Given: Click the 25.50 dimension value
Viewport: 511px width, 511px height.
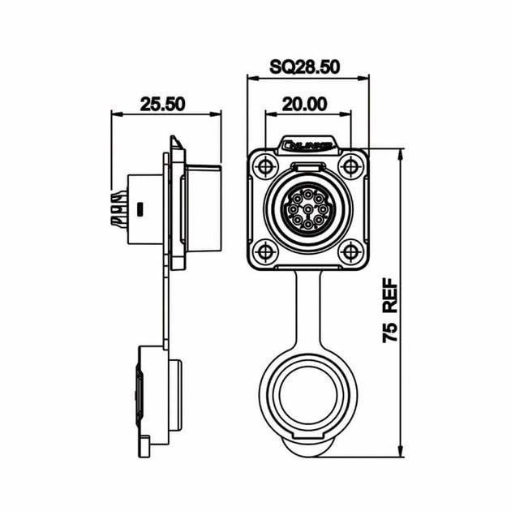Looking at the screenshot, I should (x=163, y=104).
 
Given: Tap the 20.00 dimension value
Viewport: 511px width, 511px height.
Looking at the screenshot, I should (x=306, y=104).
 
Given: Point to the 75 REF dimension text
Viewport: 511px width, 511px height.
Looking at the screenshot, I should (x=389, y=310).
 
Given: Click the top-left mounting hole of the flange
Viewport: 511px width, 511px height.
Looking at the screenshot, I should (x=264, y=168).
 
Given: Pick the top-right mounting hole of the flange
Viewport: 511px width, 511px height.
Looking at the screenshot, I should (x=350, y=168).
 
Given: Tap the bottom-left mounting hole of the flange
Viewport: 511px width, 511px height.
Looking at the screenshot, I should (x=264, y=251).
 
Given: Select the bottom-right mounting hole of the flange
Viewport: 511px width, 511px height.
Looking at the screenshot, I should (x=350, y=251).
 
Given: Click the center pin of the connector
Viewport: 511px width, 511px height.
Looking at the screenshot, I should (x=307, y=210).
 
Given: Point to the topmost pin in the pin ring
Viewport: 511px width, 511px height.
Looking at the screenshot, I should (x=307, y=193).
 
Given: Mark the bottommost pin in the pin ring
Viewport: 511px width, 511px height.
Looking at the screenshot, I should (x=307, y=227).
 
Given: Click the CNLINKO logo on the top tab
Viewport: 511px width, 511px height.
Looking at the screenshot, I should (x=307, y=147).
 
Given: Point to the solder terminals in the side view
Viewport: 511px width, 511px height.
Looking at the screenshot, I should (x=118, y=209).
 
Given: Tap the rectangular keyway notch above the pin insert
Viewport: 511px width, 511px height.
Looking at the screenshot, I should (x=307, y=168).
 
